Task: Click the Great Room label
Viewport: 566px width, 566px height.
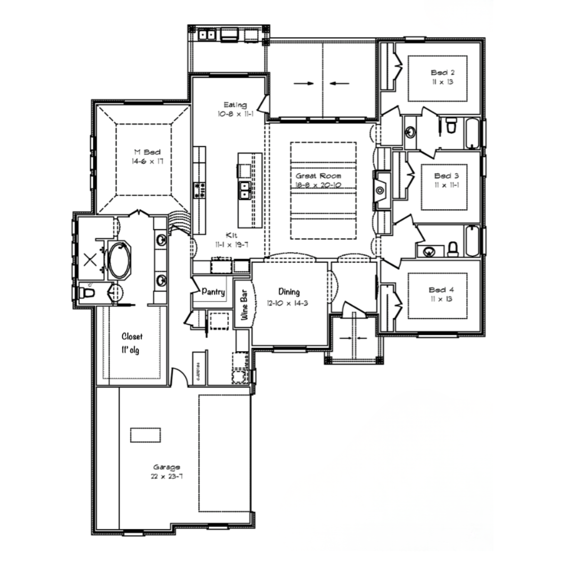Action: (318, 175)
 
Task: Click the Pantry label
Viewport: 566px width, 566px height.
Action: (213, 292)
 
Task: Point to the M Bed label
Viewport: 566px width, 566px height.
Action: (147, 152)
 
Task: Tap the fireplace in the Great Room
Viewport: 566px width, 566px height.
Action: (380, 191)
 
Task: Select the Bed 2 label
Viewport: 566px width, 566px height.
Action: (442, 73)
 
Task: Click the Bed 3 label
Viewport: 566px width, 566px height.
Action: (443, 176)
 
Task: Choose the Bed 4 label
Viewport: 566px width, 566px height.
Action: (441, 290)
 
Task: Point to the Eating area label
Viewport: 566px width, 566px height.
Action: (235, 105)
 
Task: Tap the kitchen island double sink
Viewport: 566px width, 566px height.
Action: (245, 190)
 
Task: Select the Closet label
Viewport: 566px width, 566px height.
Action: (132, 336)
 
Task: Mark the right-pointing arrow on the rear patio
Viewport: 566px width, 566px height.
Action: (303, 83)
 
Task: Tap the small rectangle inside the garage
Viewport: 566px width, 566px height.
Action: (145, 435)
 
